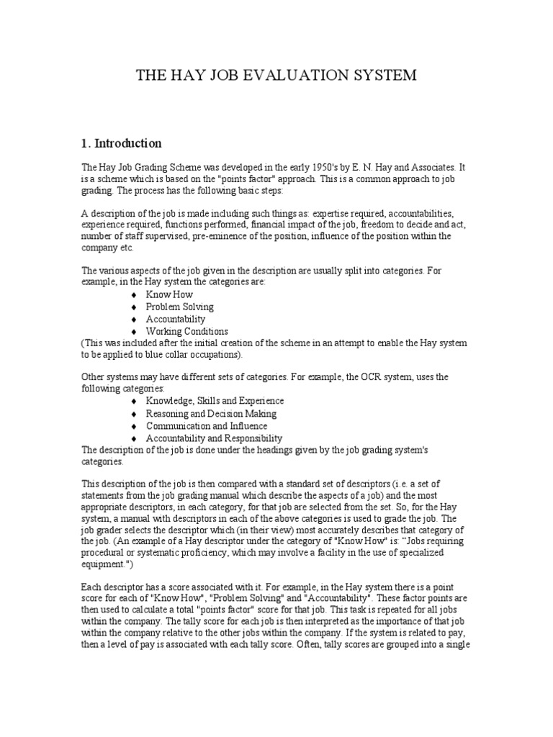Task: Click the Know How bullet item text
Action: [169, 294]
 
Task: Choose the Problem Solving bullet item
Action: [179, 307]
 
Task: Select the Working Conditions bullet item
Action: [186, 331]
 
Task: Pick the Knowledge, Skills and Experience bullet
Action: [215, 401]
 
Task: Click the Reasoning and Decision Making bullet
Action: [211, 414]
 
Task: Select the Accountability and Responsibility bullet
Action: [214, 438]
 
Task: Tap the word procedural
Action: [106, 552]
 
